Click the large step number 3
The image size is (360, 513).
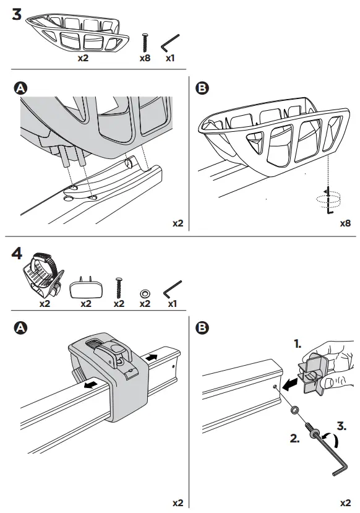[x=19, y=15]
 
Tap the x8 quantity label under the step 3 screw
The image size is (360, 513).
[x=145, y=59]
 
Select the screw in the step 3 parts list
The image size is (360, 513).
[x=146, y=42]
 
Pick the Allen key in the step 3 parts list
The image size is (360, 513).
[x=170, y=45]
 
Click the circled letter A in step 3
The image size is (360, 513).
[x=20, y=89]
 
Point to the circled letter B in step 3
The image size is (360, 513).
[x=201, y=89]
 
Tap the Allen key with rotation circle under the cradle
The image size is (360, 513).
[x=328, y=200]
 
